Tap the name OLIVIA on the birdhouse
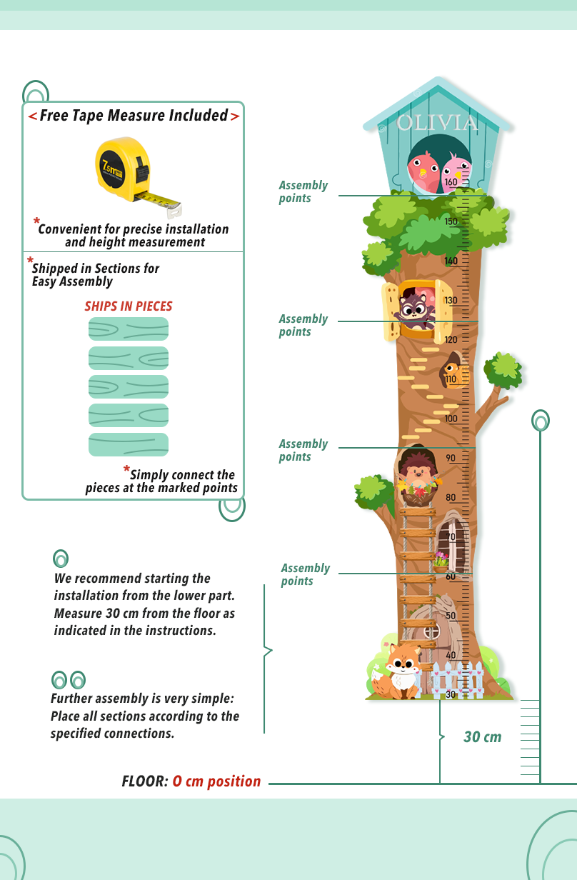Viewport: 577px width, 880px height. click(437, 123)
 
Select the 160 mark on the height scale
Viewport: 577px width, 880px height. click(451, 182)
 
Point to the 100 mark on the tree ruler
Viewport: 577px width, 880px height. click(451, 419)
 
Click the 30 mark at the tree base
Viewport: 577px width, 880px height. click(451, 694)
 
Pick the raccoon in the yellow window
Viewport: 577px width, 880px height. click(416, 308)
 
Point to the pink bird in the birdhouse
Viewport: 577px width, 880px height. click(456, 171)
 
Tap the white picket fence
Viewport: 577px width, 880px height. click(458, 679)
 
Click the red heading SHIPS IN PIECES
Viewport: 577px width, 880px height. click(129, 306)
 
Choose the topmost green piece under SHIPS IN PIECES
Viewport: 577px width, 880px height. click(129, 329)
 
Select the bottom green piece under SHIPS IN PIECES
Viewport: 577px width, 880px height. click(129, 444)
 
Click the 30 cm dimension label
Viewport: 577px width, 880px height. click(482, 737)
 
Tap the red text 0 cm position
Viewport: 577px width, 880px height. click(216, 781)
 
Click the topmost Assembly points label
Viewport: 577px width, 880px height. click(303, 191)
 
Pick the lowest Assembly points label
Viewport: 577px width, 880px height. click(305, 574)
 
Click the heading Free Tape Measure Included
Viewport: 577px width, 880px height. click(134, 116)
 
